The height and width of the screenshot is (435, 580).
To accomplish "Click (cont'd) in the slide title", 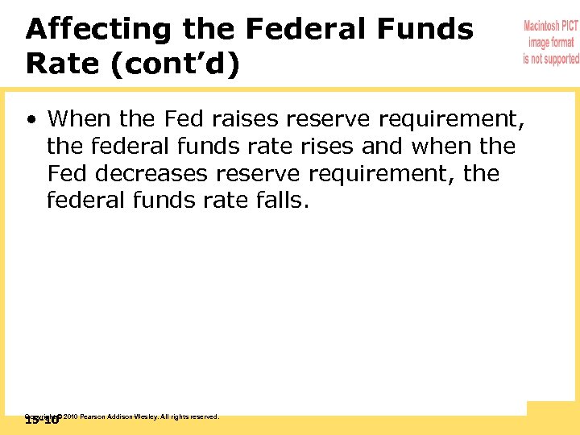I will [173, 65].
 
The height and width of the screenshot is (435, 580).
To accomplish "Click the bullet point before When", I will [31, 119].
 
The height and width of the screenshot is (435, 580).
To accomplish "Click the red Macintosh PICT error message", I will [551, 43].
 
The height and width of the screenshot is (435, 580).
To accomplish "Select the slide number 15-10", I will [42, 420].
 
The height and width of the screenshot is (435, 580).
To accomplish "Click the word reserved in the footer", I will [205, 416].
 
